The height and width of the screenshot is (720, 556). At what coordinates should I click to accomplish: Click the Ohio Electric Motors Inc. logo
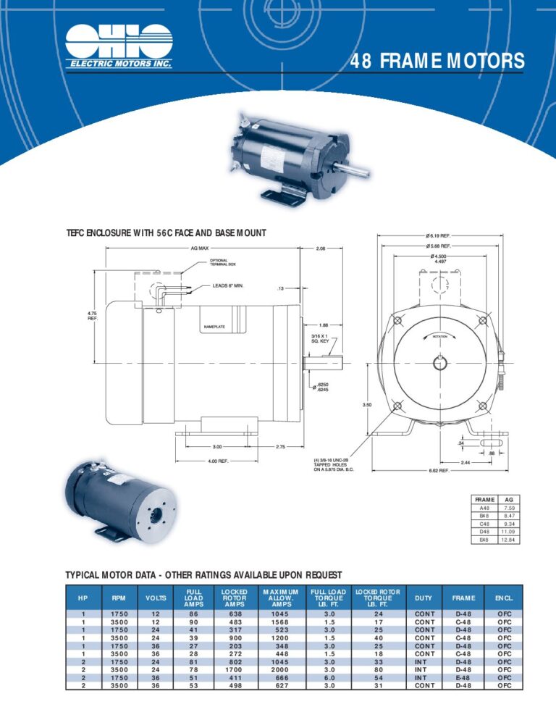tap(119, 45)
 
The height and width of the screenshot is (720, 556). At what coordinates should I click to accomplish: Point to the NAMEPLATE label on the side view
tap(215, 327)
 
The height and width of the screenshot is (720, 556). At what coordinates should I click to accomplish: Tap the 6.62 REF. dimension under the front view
tap(438, 470)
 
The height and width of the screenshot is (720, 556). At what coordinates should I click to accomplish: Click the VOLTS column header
tap(156, 598)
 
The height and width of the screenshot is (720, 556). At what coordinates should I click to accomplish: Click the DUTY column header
tap(425, 598)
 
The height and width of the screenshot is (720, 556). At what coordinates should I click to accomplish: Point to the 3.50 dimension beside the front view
tap(367, 405)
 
